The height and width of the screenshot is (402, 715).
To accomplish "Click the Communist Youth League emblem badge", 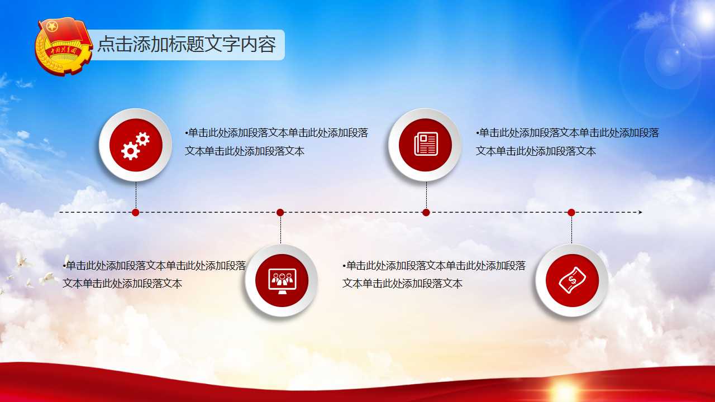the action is (63, 46).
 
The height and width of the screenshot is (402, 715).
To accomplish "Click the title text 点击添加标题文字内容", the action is (187, 44).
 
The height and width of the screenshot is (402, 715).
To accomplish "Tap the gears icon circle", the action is (136, 145).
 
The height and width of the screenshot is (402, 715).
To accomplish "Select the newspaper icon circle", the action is (425, 145).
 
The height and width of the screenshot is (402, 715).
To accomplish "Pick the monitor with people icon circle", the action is (282, 280).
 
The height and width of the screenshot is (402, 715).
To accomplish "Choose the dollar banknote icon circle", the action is (571, 280).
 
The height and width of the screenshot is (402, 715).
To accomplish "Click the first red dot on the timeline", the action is (136, 213).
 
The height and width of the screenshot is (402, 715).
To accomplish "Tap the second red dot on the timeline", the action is (280, 213).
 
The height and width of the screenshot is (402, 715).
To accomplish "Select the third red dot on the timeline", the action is (426, 213).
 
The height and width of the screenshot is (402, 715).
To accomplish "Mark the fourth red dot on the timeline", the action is (571, 213).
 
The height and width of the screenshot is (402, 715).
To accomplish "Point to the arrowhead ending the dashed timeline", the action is (640, 212).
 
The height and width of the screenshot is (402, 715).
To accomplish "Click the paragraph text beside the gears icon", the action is (277, 142).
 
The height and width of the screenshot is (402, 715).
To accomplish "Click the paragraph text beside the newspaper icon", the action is (567, 142).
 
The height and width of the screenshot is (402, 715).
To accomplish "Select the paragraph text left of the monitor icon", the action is (154, 274).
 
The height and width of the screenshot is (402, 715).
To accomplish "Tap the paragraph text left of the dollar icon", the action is (434, 274).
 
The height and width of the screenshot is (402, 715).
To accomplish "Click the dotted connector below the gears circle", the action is (136, 195).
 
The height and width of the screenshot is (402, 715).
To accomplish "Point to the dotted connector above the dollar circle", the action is (571, 230).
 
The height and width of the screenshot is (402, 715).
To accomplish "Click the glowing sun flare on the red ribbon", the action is (564, 390).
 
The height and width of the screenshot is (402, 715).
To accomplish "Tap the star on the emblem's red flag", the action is (52, 27).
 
